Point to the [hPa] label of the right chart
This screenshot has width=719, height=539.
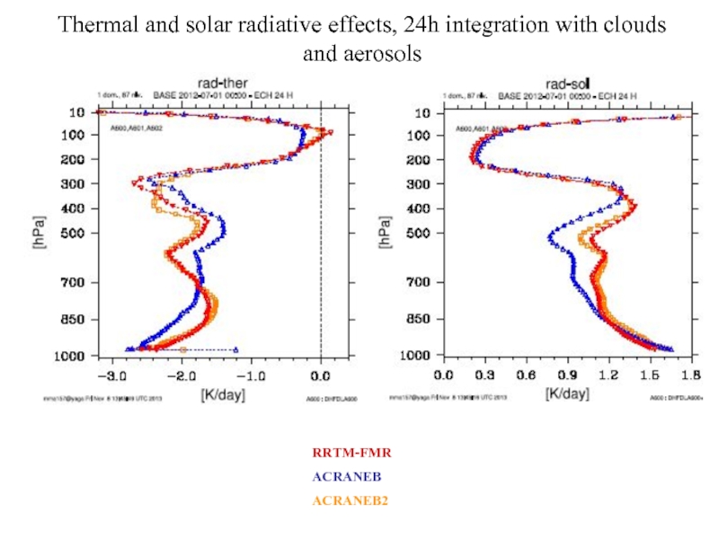click(x=385, y=232)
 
